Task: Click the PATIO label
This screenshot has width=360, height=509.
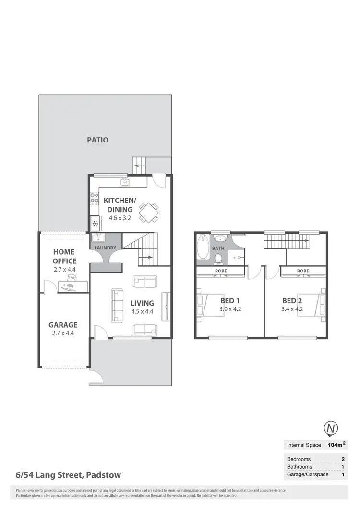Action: (x=97, y=140)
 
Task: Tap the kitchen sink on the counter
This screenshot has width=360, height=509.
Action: (x=124, y=181)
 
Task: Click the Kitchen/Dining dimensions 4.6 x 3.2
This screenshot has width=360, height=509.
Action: (x=120, y=217)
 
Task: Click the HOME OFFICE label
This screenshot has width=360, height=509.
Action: (x=65, y=256)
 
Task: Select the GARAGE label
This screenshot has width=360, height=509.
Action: (x=63, y=325)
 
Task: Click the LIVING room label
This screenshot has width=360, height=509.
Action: (x=142, y=303)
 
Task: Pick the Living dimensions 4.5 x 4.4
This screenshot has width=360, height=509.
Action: (x=142, y=311)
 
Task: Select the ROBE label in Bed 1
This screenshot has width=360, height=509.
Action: (x=221, y=271)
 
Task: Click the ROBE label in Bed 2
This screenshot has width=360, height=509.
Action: (x=303, y=271)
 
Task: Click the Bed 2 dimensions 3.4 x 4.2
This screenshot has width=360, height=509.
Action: (x=292, y=309)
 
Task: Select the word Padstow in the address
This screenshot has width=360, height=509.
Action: (x=103, y=475)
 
